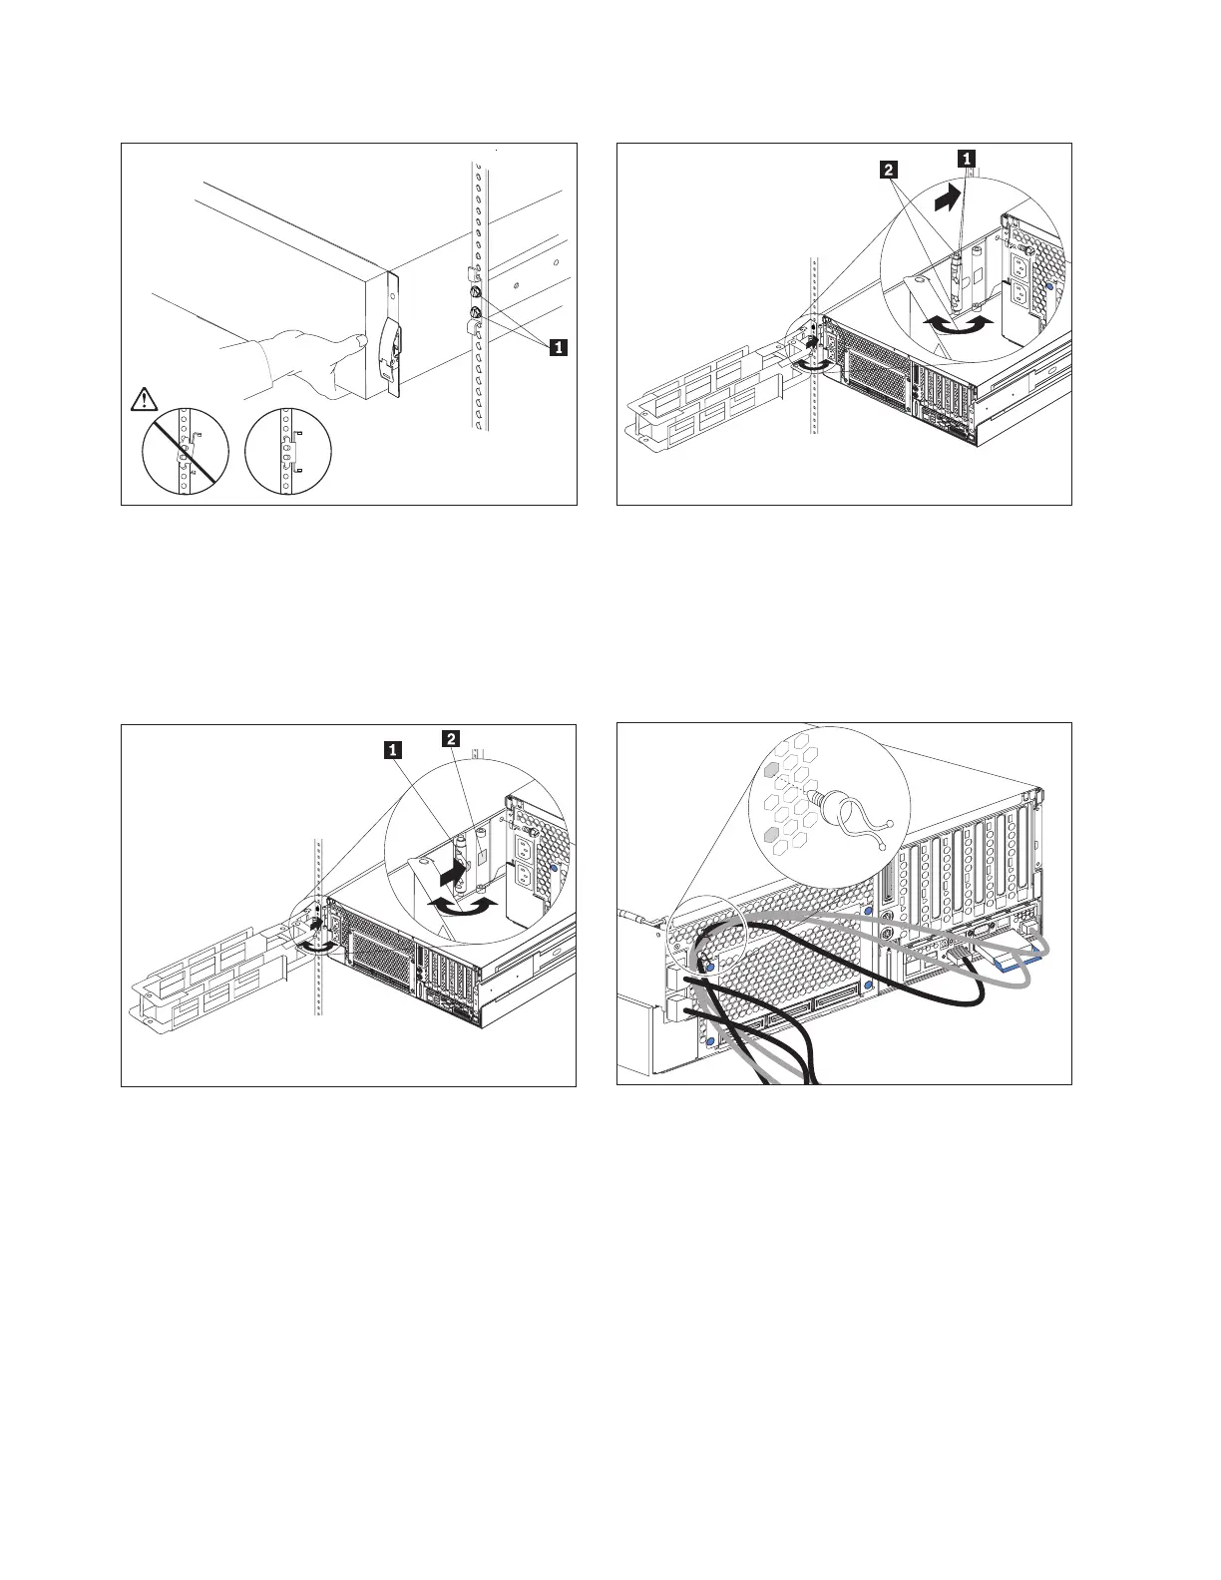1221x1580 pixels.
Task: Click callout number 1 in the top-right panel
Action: [x=966, y=157]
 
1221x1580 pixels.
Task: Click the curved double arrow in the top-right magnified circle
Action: [x=958, y=324]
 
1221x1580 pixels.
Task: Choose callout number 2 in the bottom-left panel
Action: [x=452, y=738]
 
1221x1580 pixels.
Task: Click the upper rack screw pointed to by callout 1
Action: [x=476, y=293]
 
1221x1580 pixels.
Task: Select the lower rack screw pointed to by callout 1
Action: [x=476, y=316]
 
